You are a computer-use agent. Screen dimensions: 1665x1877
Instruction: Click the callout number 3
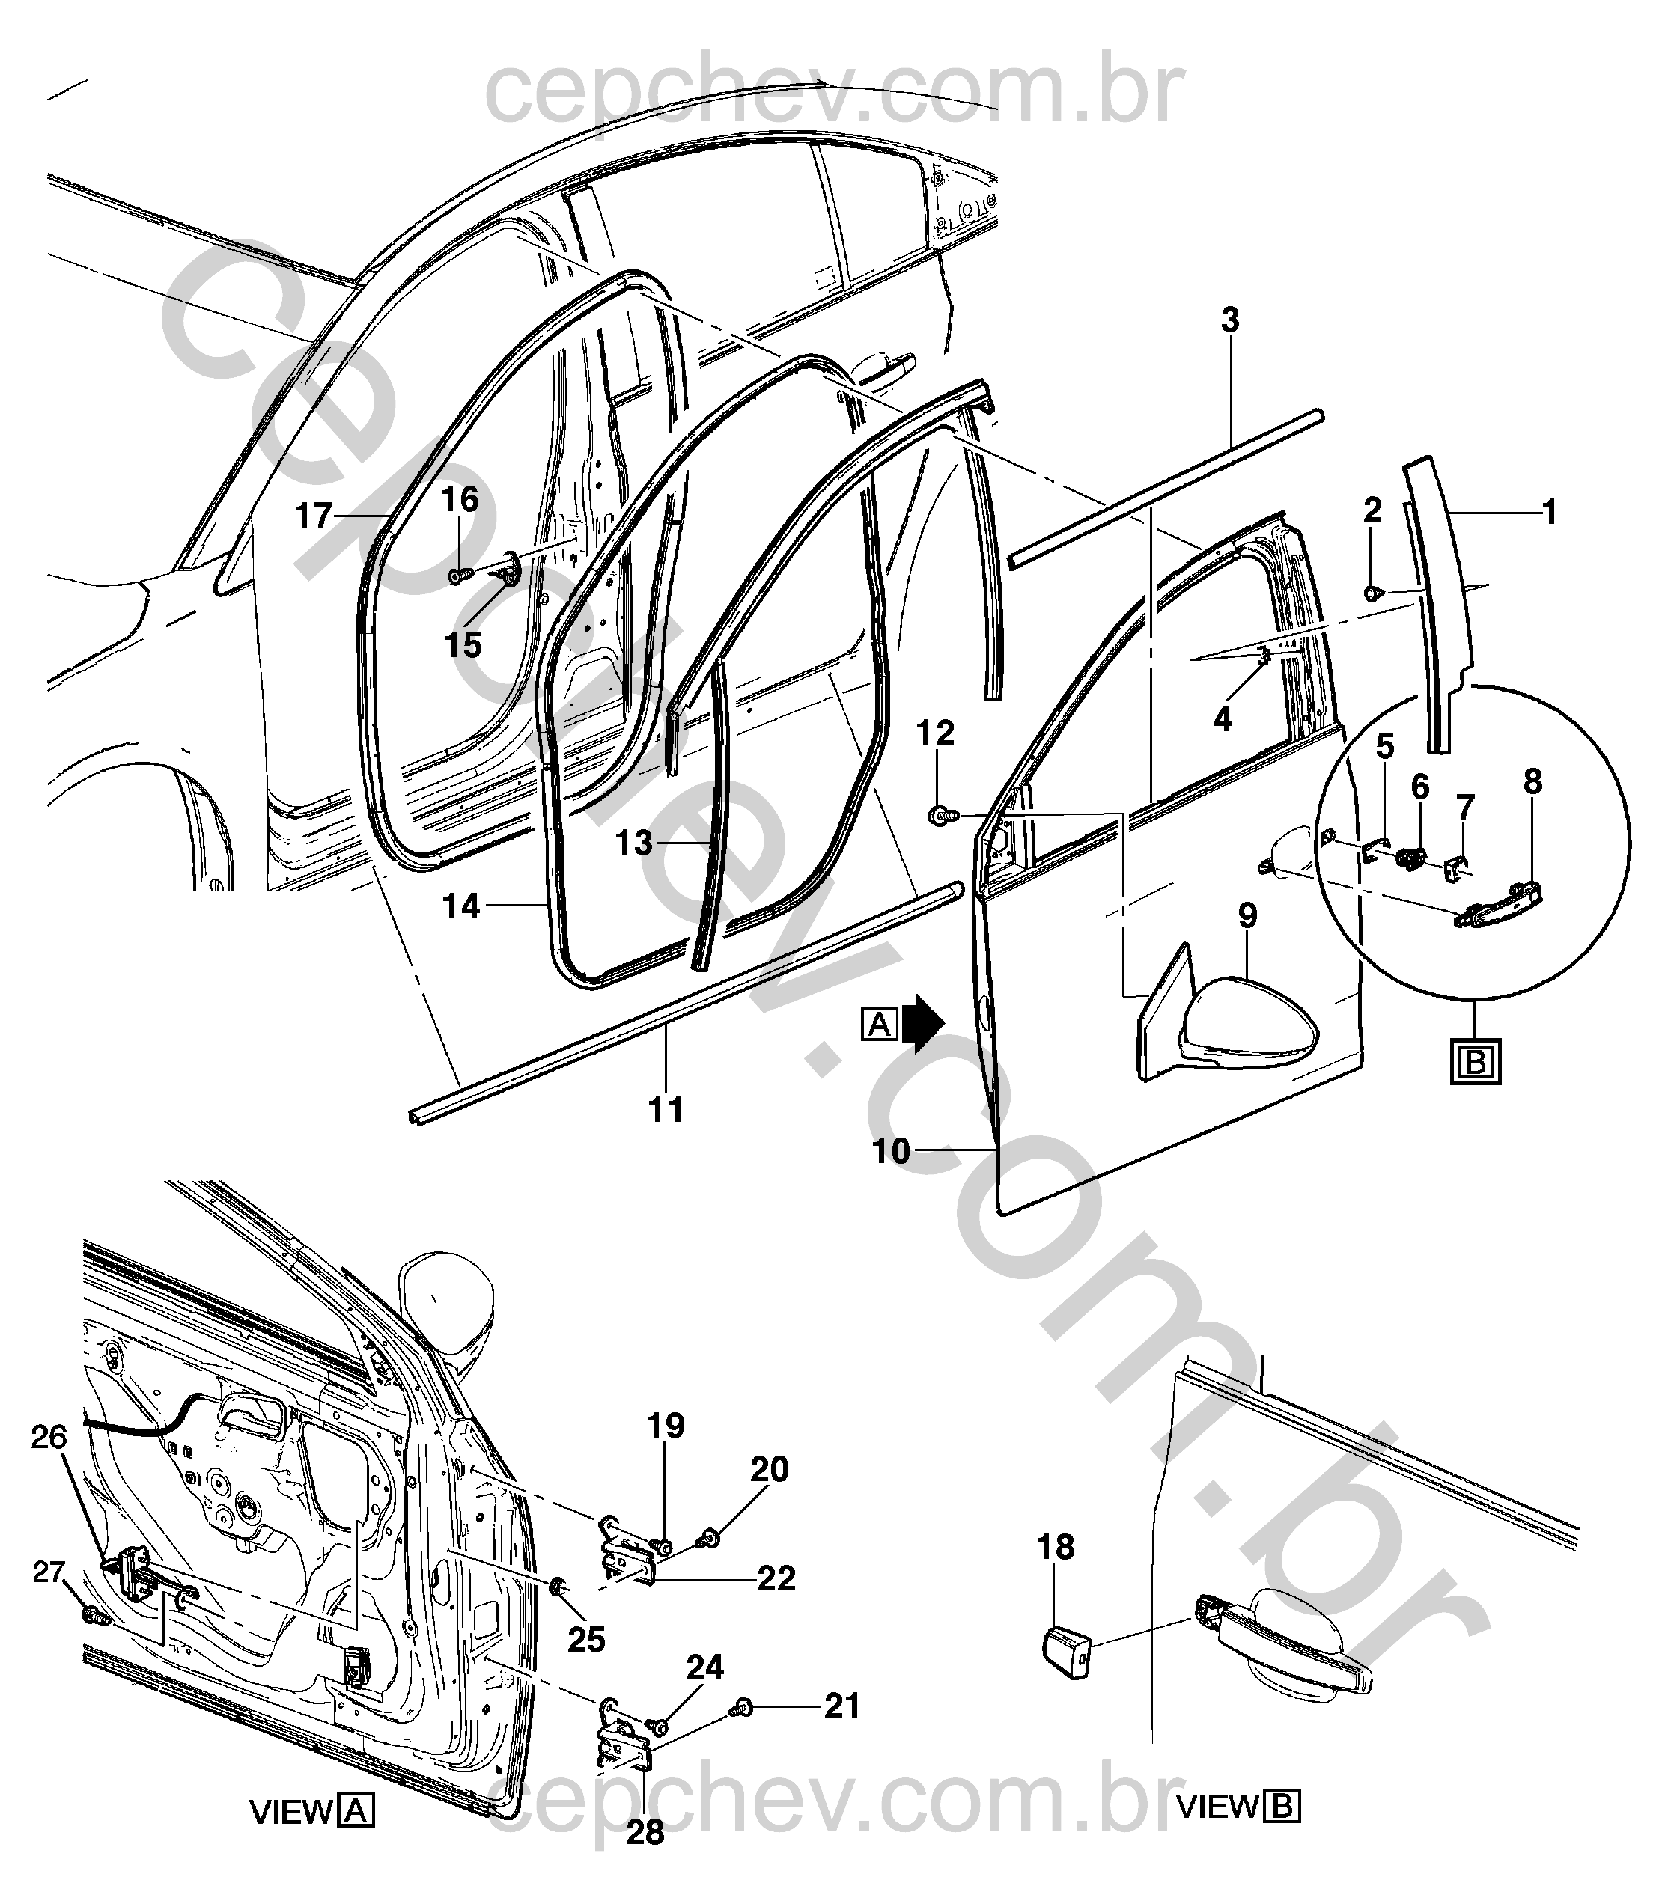(x=1230, y=320)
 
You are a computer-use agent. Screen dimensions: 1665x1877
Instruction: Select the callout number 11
(x=667, y=1110)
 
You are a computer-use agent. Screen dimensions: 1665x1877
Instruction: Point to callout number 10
(x=891, y=1150)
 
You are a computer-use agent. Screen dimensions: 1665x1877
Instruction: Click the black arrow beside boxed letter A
(x=923, y=1023)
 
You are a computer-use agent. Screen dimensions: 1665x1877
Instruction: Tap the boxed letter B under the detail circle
(x=1476, y=1063)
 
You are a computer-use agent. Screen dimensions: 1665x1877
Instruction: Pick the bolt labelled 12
(x=944, y=814)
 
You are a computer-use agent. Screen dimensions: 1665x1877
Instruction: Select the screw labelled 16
(x=460, y=575)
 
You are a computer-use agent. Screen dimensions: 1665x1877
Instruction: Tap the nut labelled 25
(x=556, y=1586)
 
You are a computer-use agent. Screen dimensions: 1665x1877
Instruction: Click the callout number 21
(x=841, y=1706)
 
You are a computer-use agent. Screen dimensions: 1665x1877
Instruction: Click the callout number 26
(x=49, y=1463)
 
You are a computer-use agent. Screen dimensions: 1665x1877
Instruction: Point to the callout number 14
(x=462, y=906)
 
